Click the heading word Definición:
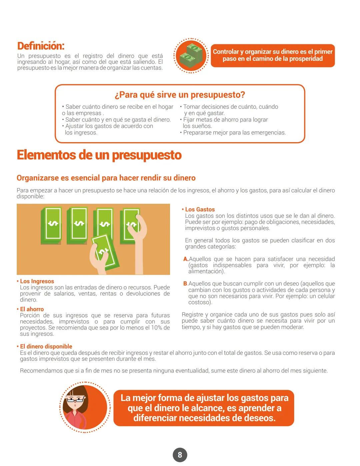pyautogui.click(x=41, y=46)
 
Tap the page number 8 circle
pyautogui.click(x=180, y=455)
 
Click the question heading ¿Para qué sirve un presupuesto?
pyautogui.click(x=180, y=95)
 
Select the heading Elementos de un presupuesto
pyautogui.click(x=99, y=155)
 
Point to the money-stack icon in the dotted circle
pyautogui.click(x=191, y=55)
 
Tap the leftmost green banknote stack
pyautogui.click(x=52, y=225)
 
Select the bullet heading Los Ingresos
pyautogui.click(x=37, y=281)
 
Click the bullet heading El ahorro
pyautogui.click(x=32, y=309)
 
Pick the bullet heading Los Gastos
pyautogui.click(x=200, y=209)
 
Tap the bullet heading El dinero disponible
pyautogui.click(x=46, y=347)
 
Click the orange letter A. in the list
pyautogui.click(x=186, y=259)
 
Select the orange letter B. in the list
pyautogui.click(x=185, y=284)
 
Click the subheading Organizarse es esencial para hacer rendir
pyautogui.click(x=106, y=178)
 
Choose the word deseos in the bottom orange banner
pyautogui.click(x=259, y=418)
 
